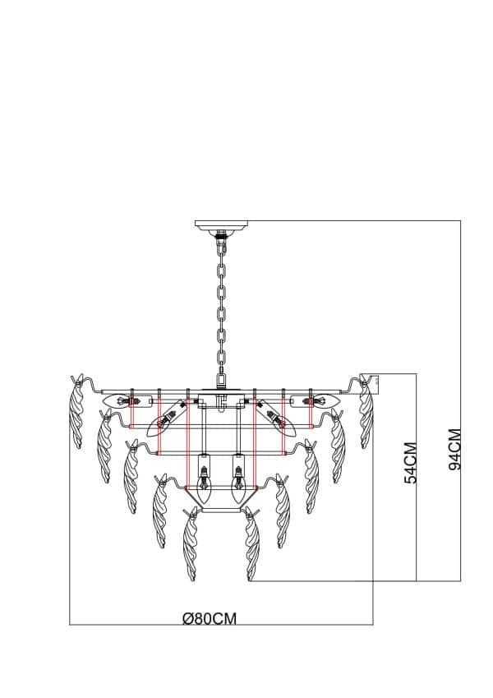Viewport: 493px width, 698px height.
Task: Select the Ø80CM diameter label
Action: [210, 619]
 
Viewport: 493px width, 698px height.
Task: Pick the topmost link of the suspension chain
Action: [221, 249]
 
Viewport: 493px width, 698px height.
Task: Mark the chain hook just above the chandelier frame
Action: [221, 379]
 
